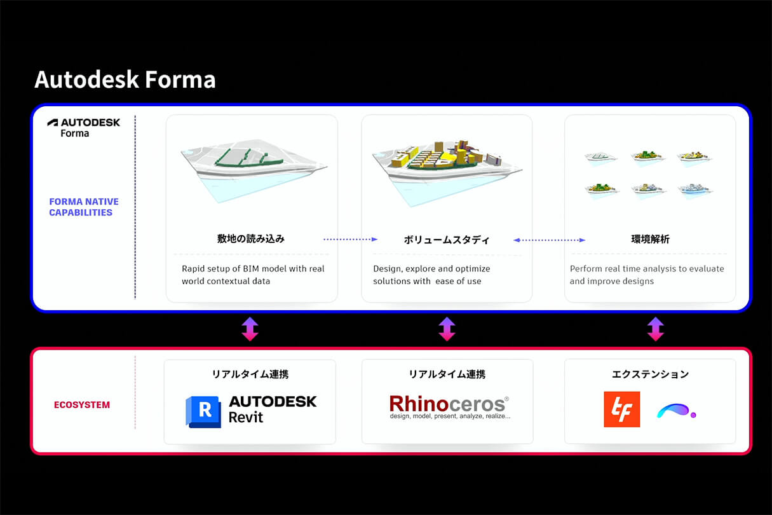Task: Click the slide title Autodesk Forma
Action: (x=125, y=79)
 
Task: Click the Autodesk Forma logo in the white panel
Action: (x=84, y=128)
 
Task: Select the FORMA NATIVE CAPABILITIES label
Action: (x=84, y=207)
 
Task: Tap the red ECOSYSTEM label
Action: (x=82, y=404)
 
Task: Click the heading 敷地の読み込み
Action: (x=251, y=238)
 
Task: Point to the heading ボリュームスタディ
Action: (x=446, y=240)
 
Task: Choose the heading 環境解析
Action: (x=651, y=239)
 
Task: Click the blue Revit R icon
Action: (x=203, y=411)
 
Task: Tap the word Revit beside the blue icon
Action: (x=246, y=417)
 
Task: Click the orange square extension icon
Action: (x=622, y=409)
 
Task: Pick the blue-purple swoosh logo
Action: (x=676, y=411)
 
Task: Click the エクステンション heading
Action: (x=651, y=374)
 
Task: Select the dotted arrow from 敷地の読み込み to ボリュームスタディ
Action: (x=351, y=239)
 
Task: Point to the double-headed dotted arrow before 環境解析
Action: (x=549, y=240)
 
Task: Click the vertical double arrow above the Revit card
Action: (x=250, y=329)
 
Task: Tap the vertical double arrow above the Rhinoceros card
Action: (x=447, y=329)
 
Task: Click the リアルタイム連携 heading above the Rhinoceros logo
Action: (x=447, y=374)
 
